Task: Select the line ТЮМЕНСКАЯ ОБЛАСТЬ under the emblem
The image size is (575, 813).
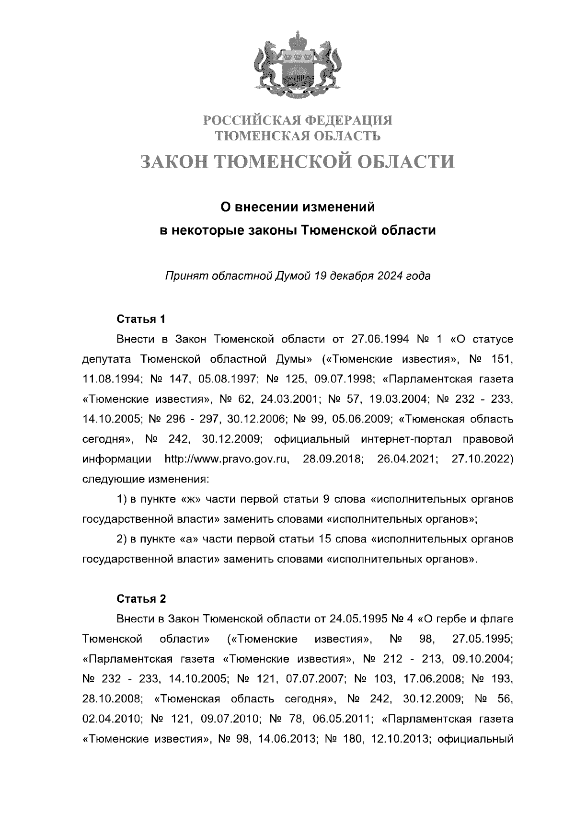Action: point(298,137)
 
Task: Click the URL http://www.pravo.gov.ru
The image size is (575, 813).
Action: point(227,459)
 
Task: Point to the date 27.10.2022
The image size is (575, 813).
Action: point(482,459)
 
